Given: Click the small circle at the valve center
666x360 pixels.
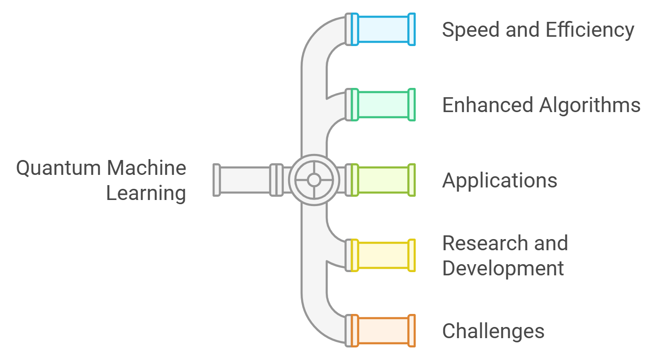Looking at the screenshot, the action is click(314, 180).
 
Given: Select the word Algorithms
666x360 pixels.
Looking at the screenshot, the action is click(590, 106).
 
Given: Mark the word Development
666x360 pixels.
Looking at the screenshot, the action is click(503, 269).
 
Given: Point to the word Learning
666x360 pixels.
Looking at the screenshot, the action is click(146, 193).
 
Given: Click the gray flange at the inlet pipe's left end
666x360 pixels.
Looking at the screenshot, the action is click(216, 180).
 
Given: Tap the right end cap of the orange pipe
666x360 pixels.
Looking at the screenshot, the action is click(411, 331).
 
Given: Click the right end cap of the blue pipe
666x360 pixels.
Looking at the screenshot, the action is click(411, 29).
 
